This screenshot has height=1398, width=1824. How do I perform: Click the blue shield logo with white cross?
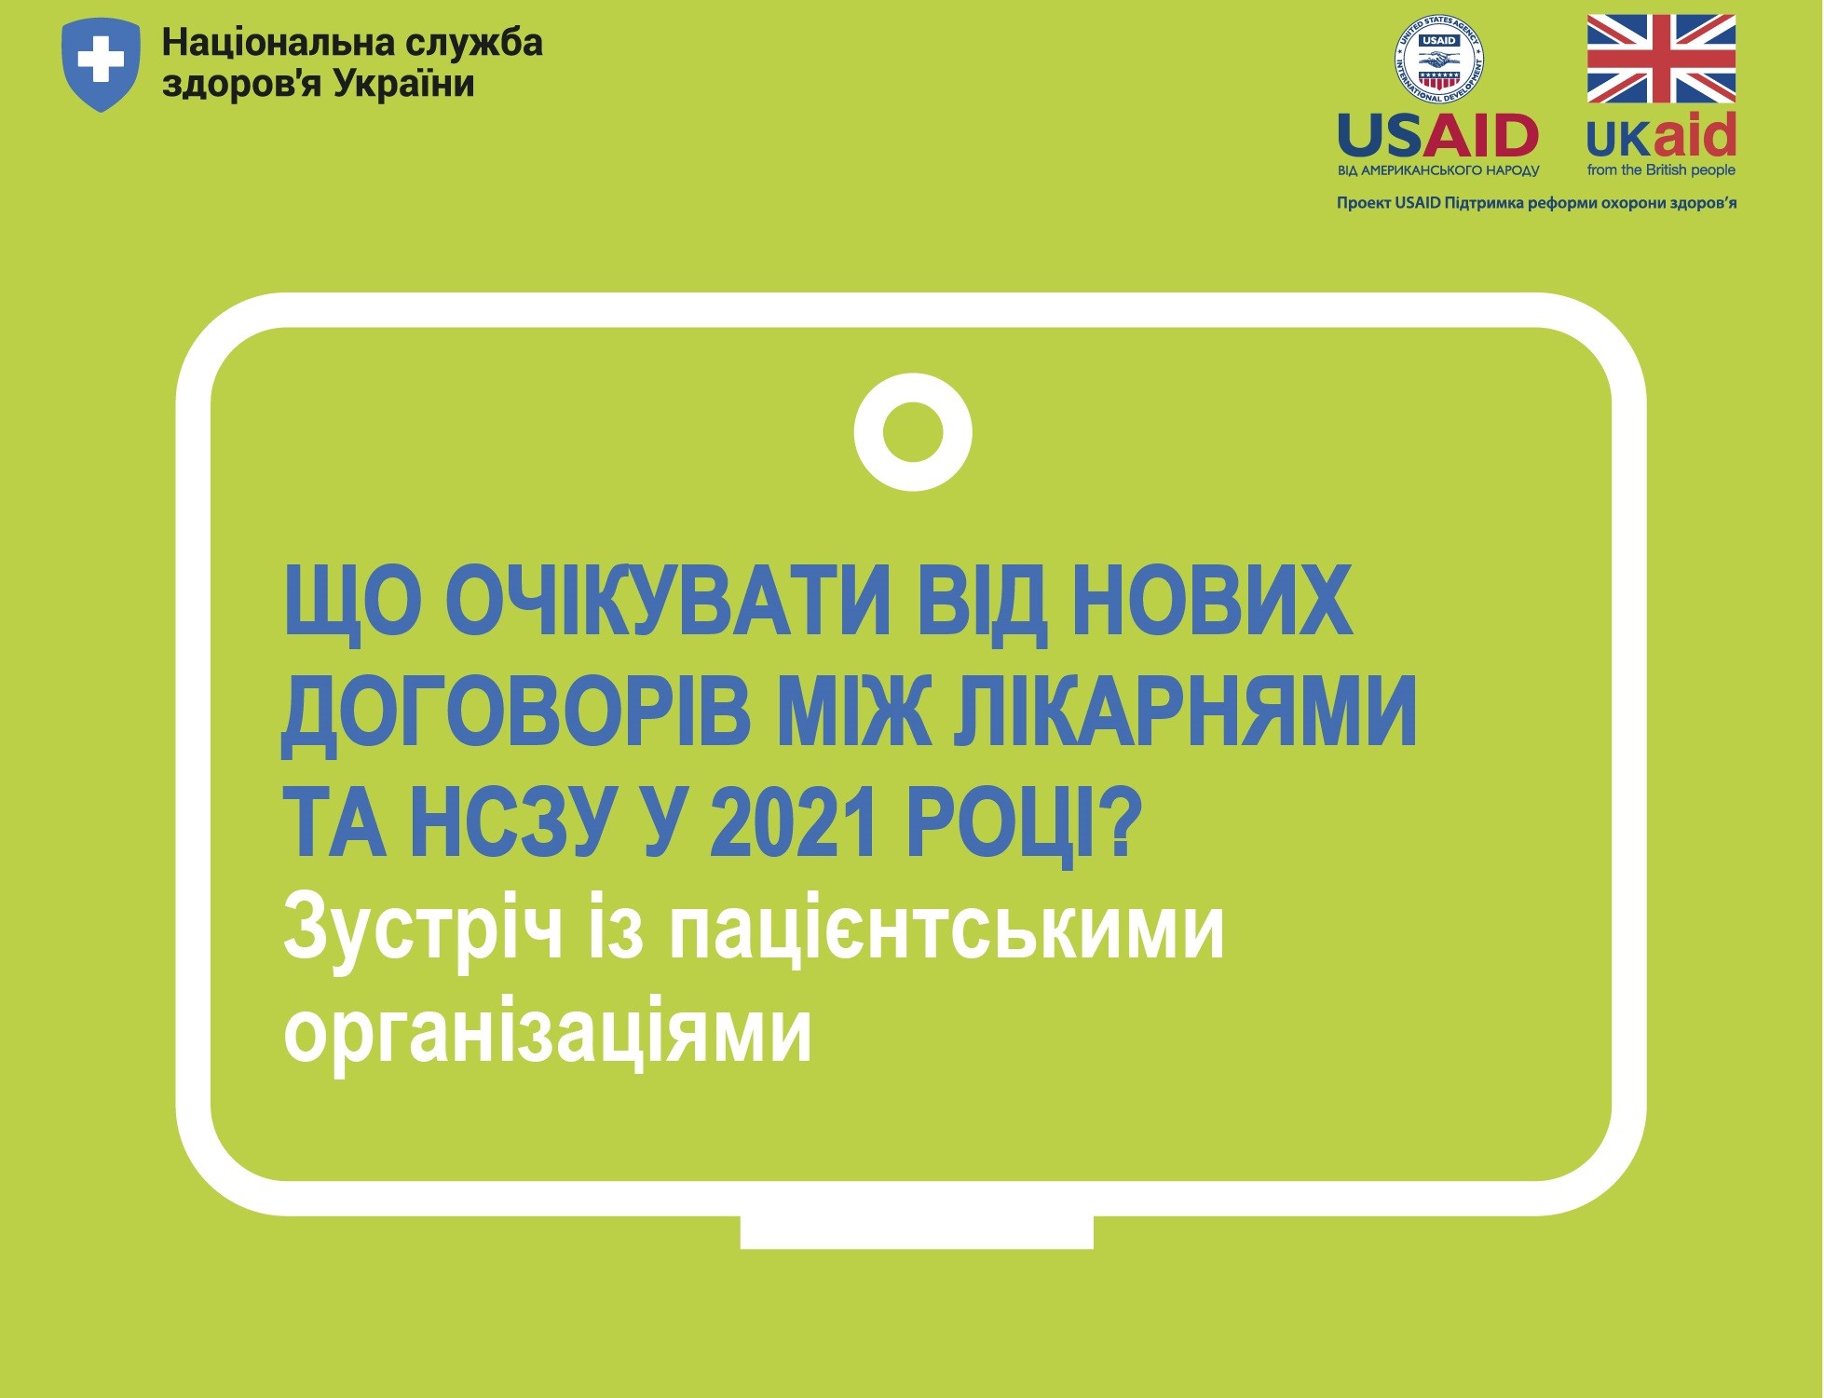tap(101, 64)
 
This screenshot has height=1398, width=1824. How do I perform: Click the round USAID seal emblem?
tap(1438, 61)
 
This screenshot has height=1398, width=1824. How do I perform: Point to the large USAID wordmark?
tap(1437, 136)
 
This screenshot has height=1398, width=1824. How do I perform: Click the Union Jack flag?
tap(1661, 59)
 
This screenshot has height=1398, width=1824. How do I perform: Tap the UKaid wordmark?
tap(1661, 136)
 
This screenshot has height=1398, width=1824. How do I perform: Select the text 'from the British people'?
tap(1661, 170)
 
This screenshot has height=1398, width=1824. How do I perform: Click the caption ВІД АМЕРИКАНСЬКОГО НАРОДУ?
tap(1438, 170)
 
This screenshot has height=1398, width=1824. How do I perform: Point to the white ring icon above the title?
tap(913, 432)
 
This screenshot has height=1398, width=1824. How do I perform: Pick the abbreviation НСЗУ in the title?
tap(512, 823)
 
